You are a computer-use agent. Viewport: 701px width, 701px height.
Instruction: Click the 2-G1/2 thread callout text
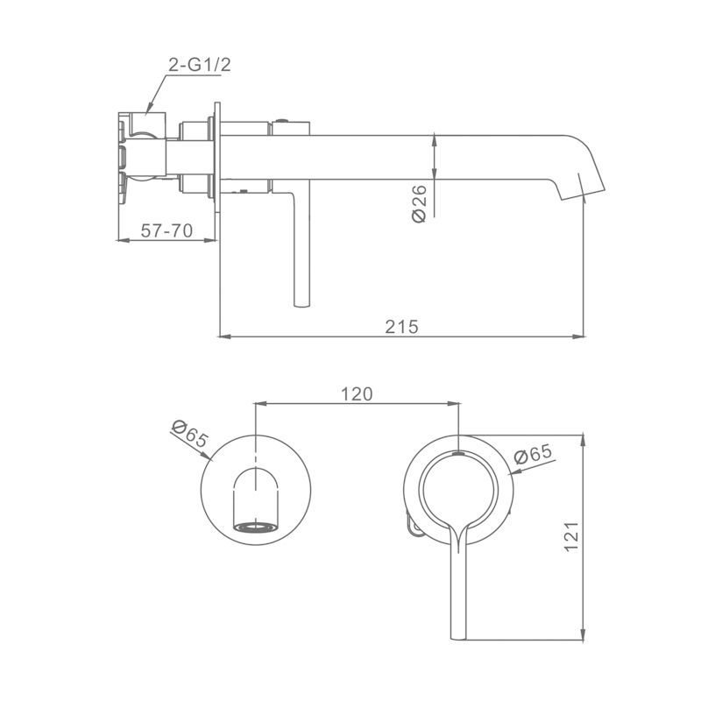point(200,65)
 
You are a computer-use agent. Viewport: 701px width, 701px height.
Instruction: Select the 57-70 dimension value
point(166,230)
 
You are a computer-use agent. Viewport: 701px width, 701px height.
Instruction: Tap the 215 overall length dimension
point(401,327)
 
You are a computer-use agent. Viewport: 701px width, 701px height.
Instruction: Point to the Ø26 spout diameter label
point(420,204)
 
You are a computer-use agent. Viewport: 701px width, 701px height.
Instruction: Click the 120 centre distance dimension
point(357,394)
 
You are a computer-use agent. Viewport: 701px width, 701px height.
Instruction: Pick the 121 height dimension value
point(572,536)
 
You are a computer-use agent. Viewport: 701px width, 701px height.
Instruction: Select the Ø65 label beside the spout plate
point(189,433)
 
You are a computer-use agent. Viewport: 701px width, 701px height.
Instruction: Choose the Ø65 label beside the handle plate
point(533,454)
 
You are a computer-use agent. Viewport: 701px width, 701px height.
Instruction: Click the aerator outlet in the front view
point(255,528)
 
